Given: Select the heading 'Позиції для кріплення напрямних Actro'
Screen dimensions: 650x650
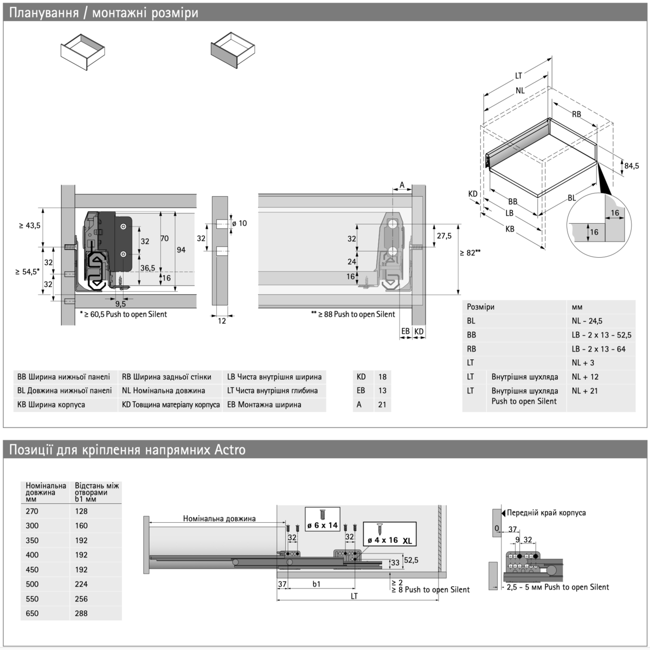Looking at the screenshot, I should (128, 450).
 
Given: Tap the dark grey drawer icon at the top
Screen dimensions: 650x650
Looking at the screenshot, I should (233, 50).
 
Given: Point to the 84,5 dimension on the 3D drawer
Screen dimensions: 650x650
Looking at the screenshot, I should (631, 166).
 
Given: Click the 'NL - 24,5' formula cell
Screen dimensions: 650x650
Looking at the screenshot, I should (587, 321).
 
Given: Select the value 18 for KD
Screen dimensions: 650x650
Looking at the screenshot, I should (382, 376).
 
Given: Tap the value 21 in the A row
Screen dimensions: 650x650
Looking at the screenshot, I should (382, 405).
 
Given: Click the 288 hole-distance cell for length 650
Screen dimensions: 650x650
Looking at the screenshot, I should (81, 613).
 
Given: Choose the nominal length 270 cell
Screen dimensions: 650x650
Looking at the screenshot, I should (33, 511).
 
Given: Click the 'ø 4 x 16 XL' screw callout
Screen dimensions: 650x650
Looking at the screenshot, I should (389, 535).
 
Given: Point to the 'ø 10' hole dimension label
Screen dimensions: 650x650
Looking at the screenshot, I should (239, 223).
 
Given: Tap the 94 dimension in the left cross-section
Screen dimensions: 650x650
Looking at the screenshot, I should (181, 250).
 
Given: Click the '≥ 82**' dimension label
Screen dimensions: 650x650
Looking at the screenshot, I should (471, 252).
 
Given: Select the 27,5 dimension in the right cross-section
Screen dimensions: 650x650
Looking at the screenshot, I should (444, 236).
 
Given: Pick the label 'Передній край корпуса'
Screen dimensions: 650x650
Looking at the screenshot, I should (545, 513).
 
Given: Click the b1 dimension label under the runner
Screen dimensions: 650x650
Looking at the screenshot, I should (317, 584).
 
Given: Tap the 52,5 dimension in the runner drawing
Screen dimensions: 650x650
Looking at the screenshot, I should (411, 560).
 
